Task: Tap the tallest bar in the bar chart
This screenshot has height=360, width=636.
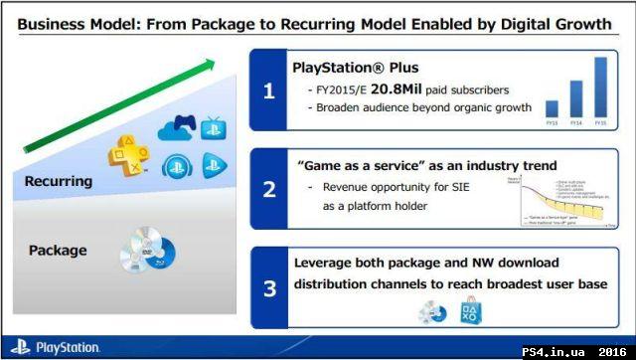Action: pos(600,87)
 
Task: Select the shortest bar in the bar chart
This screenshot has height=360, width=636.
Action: pos(552,108)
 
